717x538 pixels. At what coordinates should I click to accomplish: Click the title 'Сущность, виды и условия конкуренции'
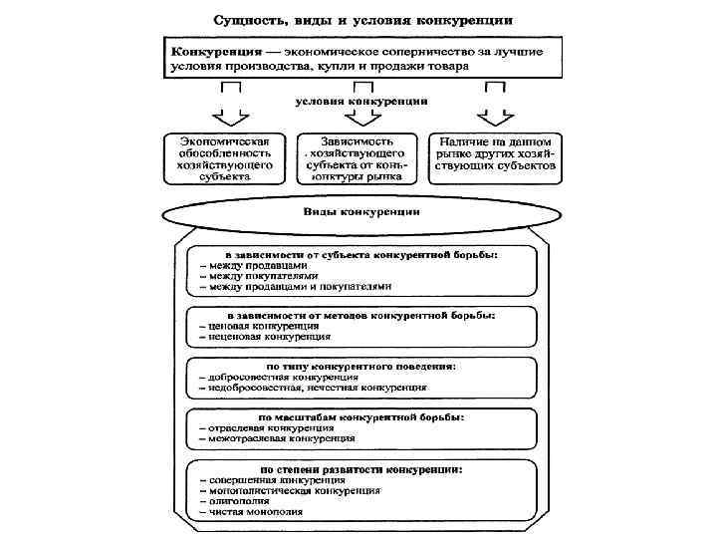[x=361, y=20]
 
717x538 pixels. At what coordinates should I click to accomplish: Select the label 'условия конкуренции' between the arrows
[x=361, y=101]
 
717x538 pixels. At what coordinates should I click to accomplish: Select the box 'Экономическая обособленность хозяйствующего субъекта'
[x=225, y=158]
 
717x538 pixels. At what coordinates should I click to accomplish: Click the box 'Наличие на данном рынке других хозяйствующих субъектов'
[x=495, y=158]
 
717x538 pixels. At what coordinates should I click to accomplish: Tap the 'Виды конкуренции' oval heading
[x=361, y=212]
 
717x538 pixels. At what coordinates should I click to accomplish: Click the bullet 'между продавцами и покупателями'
[x=299, y=286]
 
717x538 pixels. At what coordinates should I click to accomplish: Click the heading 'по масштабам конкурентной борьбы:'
[x=361, y=415]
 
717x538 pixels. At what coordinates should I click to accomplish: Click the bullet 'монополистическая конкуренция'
[x=293, y=490]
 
